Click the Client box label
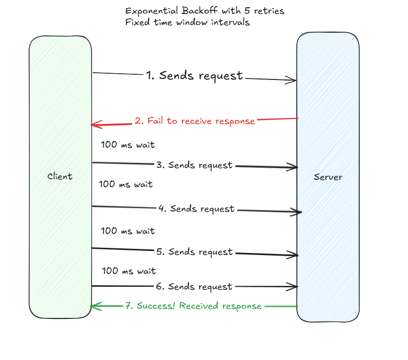(60, 177)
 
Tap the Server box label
(328, 177)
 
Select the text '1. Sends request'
(194, 76)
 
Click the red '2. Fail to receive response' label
(195, 121)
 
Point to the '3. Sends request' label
(194, 165)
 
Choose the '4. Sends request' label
(196, 209)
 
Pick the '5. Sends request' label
(194, 252)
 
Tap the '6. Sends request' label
(194, 287)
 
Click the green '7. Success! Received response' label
(193, 306)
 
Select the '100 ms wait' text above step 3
(128, 145)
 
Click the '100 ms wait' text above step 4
(126, 184)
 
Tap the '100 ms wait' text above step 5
(128, 231)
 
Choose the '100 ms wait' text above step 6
(129, 271)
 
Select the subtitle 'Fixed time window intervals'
(188, 22)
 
